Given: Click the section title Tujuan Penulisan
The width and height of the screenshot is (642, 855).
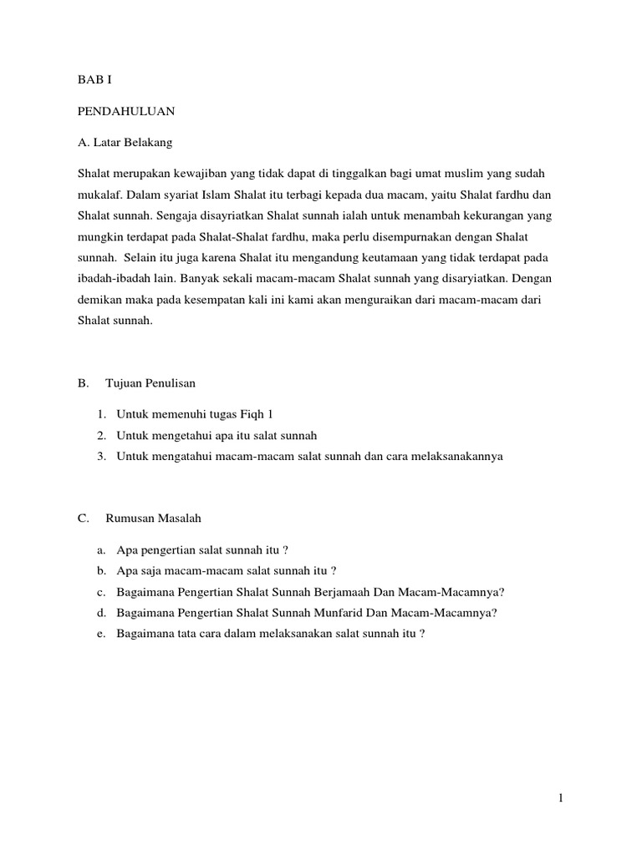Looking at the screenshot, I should (x=150, y=383).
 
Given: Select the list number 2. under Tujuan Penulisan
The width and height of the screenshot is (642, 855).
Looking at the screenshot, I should (x=101, y=435).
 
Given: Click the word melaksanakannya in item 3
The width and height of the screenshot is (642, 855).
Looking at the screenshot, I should (x=455, y=456).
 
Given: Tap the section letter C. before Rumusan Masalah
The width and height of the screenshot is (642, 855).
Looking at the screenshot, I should (x=84, y=519).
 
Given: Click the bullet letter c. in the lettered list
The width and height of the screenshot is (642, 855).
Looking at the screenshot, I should (x=100, y=592).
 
